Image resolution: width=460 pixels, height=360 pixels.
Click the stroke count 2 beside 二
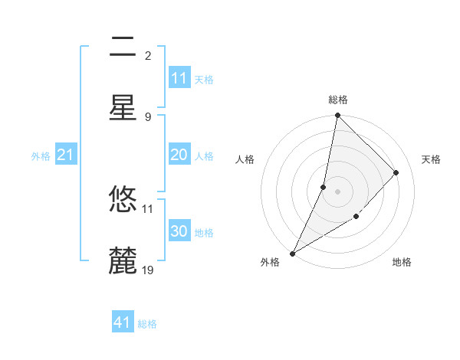pos(148,56)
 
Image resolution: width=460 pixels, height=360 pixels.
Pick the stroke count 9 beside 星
pos(148,116)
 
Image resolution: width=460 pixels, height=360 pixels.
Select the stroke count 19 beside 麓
pos(148,270)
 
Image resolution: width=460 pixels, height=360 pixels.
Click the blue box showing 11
pos(179,77)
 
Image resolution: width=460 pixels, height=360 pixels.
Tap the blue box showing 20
pos(179,155)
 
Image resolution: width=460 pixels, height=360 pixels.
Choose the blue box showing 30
pos(179,231)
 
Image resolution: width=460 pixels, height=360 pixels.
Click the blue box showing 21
pos(66,155)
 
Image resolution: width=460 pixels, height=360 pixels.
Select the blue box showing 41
pos(123,322)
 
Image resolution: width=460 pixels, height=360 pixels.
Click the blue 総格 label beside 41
pos(147,324)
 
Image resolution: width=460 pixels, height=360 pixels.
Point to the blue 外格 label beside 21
pos(41,156)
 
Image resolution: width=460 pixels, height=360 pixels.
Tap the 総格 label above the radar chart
pos(338,100)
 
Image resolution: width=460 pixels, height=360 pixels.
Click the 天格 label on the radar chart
pos(431,159)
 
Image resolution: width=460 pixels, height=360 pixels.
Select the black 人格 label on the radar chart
pos(245,159)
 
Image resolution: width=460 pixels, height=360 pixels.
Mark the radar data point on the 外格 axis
pos(292,253)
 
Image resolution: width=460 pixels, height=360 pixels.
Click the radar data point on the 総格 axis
pos(337,116)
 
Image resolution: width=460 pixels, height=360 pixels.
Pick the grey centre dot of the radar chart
pos(337,191)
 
